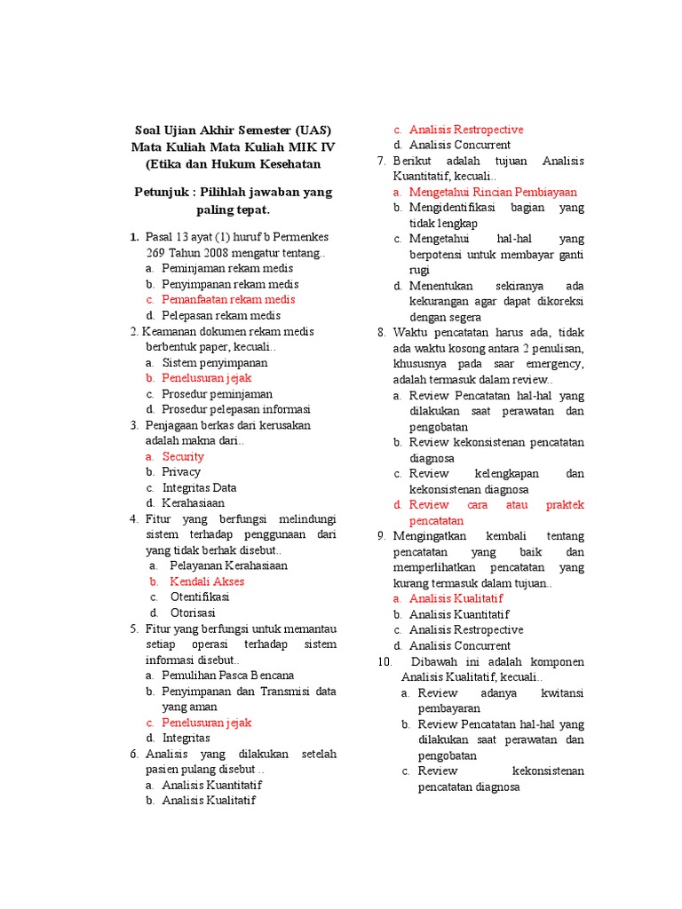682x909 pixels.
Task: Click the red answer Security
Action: [x=183, y=456]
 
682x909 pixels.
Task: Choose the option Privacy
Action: [x=181, y=472]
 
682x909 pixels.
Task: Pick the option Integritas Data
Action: [x=199, y=488]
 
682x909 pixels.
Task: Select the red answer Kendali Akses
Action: [x=207, y=581]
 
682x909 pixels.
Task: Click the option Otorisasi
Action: [x=193, y=613]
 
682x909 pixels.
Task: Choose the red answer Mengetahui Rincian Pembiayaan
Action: [x=492, y=192]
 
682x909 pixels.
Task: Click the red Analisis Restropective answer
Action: [x=465, y=130]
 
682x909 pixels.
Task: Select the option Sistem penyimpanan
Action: [x=214, y=363]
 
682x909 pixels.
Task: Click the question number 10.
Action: [x=385, y=662]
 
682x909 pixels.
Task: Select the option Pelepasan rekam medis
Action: [x=220, y=315]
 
